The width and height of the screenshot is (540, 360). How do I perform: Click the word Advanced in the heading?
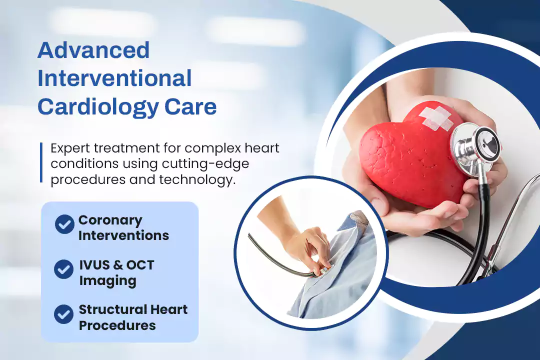click(x=93, y=50)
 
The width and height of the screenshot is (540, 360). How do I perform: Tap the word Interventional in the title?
click(x=114, y=78)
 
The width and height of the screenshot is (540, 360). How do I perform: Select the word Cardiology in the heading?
click(x=98, y=107)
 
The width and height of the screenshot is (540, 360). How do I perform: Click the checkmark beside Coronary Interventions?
click(x=64, y=224)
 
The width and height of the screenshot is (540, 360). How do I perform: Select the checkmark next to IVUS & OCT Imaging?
click(x=63, y=269)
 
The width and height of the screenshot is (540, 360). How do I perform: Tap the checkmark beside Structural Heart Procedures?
click(x=63, y=314)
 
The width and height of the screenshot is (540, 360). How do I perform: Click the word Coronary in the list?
click(x=110, y=220)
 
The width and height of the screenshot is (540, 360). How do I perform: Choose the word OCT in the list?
click(x=140, y=265)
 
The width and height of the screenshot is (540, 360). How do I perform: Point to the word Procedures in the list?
click(x=117, y=325)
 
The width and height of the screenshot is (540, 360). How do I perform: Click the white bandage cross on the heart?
click(x=436, y=118)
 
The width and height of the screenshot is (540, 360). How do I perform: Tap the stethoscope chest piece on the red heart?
click(x=477, y=148)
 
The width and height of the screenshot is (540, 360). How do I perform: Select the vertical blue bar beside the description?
click(x=41, y=162)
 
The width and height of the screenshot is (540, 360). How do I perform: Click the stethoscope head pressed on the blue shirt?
click(x=323, y=271)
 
